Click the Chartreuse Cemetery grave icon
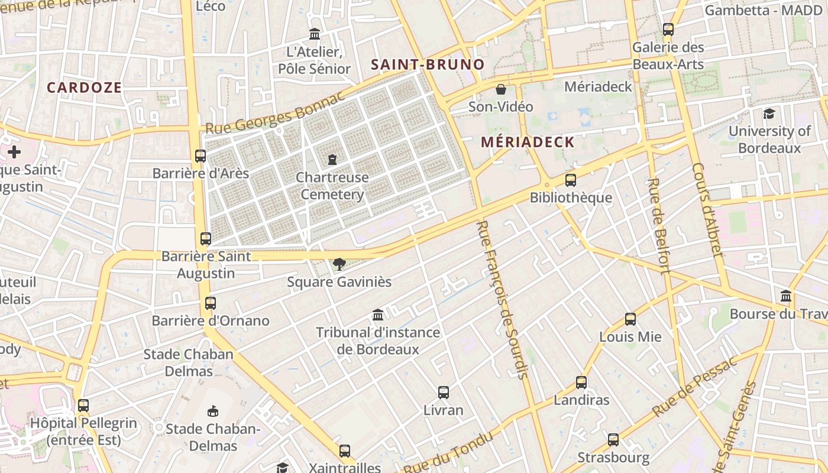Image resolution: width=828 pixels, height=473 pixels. click(x=332, y=159)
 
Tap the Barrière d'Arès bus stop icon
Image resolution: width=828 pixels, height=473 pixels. click(x=200, y=156)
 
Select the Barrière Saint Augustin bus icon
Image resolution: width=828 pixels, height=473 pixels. click(x=205, y=239)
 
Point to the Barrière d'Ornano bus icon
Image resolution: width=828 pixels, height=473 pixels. click(x=210, y=303)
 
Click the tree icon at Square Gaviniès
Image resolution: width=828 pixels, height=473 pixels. click(x=339, y=264)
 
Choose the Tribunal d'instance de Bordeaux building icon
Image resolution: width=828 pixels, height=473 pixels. click(x=378, y=315)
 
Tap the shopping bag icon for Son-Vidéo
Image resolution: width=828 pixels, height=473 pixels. click(x=501, y=89)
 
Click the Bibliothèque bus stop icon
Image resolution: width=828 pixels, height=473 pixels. click(x=571, y=180)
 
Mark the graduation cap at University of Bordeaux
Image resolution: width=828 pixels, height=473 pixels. click(x=769, y=114)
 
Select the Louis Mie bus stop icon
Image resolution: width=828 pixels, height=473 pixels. click(x=630, y=319)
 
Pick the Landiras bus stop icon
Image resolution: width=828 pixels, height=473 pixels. click(x=581, y=383)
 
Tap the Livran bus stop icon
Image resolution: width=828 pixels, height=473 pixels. click(x=444, y=392)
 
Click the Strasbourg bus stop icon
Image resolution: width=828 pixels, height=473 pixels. click(x=613, y=440)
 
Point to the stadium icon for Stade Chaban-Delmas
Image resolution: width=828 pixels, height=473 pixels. click(x=213, y=411)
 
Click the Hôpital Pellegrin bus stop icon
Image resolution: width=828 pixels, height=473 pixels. click(x=83, y=406)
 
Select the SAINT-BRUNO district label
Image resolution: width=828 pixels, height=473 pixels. click(x=428, y=64)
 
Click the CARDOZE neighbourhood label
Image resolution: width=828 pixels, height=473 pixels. click(x=84, y=88)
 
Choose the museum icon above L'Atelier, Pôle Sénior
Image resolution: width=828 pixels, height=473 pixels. click(x=315, y=34)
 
